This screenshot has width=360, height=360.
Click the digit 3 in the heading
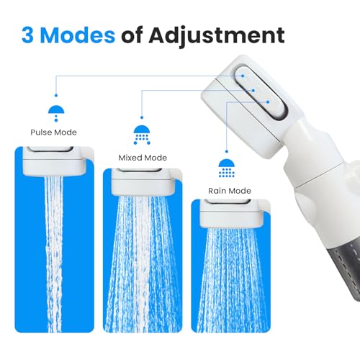[27, 35]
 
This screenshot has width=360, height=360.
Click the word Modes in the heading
[77, 35]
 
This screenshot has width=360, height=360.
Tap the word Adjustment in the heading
[217, 37]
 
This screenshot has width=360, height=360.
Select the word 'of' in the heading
[132, 35]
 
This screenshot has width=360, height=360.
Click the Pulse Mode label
[53, 132]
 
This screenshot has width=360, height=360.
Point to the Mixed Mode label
[143, 158]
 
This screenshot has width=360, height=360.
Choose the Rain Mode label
[230, 191]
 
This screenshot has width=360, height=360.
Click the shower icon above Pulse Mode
[56, 113]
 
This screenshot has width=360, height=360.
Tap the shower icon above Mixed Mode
[142, 135]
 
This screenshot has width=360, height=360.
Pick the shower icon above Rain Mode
[227, 168]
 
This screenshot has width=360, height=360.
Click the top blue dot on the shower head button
[243, 76]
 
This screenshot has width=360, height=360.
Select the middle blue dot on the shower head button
[253, 91]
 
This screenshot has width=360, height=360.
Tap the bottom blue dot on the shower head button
[268, 102]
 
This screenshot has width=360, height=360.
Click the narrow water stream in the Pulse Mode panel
[54, 254]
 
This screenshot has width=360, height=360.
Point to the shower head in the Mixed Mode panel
[143, 181]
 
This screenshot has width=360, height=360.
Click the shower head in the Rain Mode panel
[231, 213]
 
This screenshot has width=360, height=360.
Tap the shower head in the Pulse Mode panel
[55, 161]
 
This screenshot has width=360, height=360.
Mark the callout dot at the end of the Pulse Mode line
[56, 96]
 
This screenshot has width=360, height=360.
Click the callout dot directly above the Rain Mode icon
[227, 152]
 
